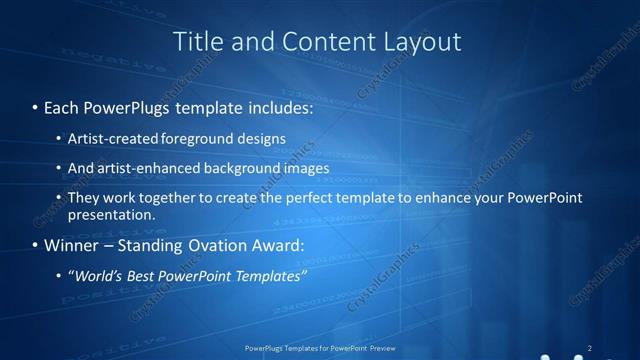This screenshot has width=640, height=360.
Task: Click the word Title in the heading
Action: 198,41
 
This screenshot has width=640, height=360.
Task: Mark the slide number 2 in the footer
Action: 589,347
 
